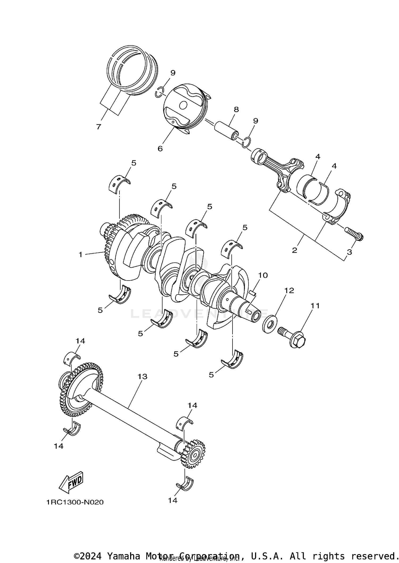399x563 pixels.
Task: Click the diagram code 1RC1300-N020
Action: pos(75,502)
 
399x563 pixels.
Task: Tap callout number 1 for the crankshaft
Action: pos(81,254)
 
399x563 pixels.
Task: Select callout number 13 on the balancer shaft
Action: pos(142,376)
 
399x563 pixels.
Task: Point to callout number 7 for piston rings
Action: pos(99,127)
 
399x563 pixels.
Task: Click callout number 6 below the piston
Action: pos(160,149)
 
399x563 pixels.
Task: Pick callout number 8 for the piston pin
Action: pos(236,109)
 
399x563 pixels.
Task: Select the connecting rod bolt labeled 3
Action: pos(354,233)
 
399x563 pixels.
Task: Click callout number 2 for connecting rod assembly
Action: pos(294,250)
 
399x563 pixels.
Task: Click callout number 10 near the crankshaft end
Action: pos(263,275)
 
